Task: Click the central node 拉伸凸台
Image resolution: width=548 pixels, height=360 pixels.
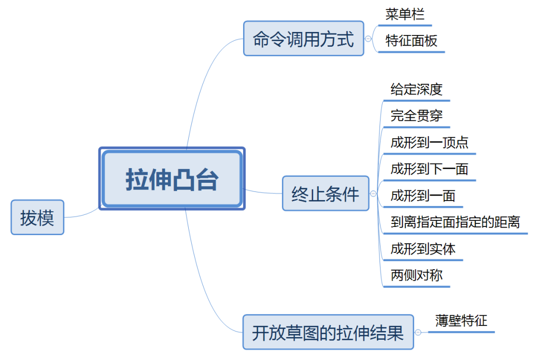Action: point(172,179)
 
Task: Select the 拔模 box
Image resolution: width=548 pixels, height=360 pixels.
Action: point(38,217)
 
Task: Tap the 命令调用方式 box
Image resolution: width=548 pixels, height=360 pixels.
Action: point(303,39)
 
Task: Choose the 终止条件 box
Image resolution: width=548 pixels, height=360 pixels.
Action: point(325,193)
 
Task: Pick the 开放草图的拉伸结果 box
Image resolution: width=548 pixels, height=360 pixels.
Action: point(328,333)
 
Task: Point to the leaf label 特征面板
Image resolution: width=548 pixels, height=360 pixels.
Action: point(411,41)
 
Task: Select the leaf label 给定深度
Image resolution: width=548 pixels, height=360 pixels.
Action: point(417,90)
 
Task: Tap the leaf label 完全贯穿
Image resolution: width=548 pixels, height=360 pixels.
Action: point(417,116)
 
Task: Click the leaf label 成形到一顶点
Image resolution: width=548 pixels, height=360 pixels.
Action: point(429,143)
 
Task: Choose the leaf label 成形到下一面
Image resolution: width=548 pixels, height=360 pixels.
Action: point(429,169)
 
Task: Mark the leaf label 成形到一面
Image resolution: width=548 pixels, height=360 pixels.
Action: point(423,196)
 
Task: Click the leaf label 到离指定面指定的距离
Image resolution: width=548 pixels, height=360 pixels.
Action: point(455,222)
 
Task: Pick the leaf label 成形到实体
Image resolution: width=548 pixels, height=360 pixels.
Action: point(423,249)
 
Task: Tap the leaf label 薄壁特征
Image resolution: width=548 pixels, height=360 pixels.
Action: point(461,321)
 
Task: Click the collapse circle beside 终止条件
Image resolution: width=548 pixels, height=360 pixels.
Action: point(374,193)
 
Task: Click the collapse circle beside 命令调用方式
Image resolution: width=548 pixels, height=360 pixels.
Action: point(369,39)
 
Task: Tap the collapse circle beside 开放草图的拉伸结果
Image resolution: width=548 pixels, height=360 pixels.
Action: point(418,333)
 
